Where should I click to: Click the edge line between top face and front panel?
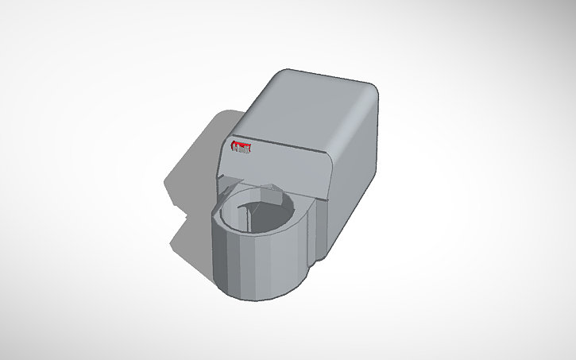click(286, 144)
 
